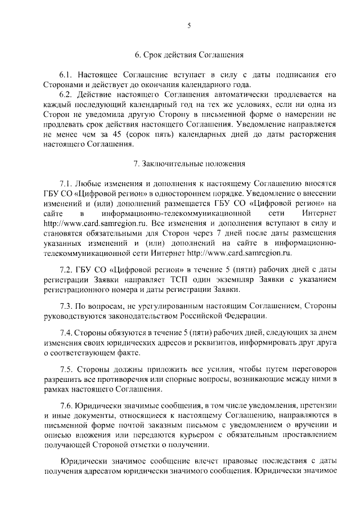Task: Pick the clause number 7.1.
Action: [x=67, y=183]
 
